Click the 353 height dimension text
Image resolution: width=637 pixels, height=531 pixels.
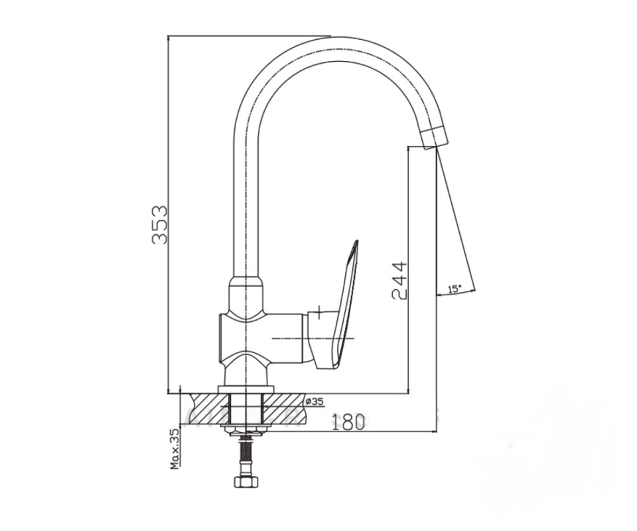159,224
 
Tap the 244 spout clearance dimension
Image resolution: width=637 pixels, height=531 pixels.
399,280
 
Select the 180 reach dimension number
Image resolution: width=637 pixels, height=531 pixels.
348,423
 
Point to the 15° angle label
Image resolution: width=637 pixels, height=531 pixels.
454,289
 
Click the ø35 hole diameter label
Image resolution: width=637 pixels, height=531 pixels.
314,402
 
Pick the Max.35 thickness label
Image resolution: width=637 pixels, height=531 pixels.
175,449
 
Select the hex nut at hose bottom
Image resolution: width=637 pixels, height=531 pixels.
246,481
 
